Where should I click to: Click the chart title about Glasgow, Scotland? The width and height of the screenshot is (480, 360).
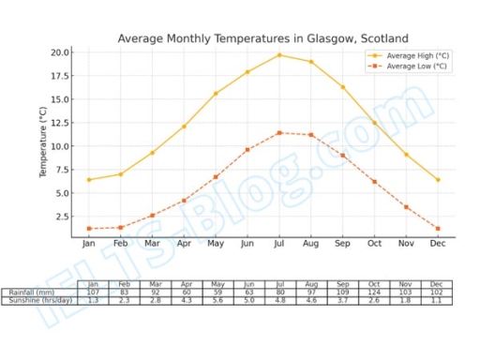262,38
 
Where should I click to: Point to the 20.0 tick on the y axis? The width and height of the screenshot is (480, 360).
59,52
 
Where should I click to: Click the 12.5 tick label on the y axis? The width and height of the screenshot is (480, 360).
59,123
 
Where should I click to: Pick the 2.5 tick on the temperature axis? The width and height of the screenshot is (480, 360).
62,217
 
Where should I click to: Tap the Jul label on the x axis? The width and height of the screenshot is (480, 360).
279,244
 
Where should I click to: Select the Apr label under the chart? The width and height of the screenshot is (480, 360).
184,244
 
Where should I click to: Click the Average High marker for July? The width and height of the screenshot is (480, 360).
279,54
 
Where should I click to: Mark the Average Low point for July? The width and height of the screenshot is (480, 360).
279,132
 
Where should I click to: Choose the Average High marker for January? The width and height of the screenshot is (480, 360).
89,180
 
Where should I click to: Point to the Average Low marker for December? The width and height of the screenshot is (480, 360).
438,229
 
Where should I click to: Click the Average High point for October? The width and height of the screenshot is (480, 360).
374,123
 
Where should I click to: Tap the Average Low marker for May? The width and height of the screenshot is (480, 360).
216,176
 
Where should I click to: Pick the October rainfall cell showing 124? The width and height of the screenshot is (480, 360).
374,292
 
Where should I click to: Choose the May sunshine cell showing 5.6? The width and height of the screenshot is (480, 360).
217,301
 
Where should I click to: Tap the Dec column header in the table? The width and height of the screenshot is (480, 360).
436,284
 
